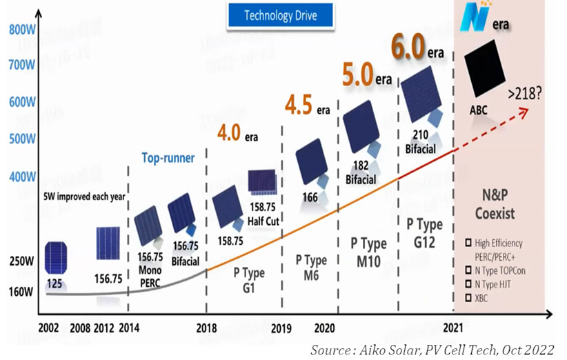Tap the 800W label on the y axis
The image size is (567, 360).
[x=22, y=30]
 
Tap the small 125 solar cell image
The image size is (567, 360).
[x=56, y=257]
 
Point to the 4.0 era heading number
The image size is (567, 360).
[x=229, y=132]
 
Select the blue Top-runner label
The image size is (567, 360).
[x=168, y=158]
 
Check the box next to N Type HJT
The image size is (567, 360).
[x=470, y=284]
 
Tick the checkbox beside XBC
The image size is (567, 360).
[x=470, y=298]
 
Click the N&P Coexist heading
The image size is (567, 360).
[x=495, y=205]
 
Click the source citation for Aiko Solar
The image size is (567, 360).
[x=432, y=348]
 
